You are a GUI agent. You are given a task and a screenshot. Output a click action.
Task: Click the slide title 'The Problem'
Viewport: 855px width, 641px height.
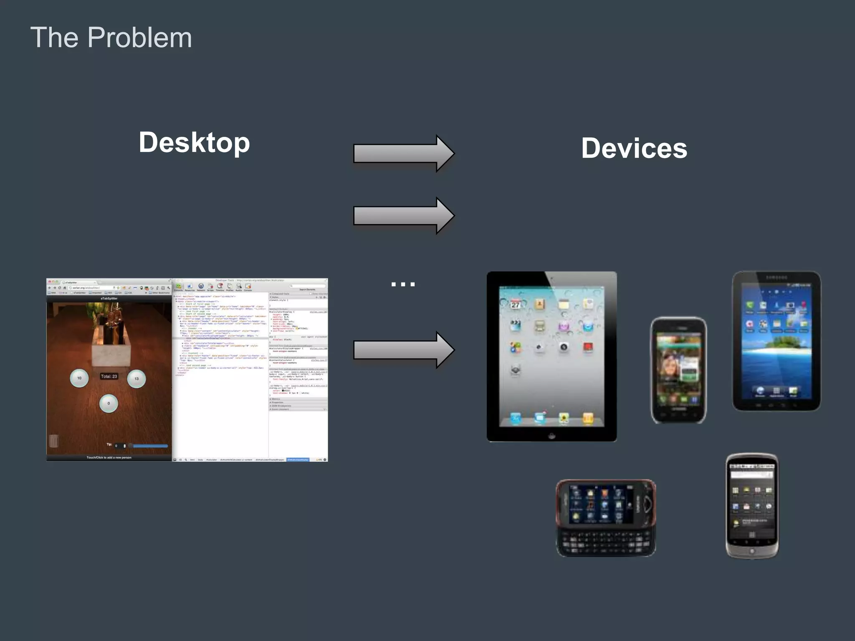[x=111, y=38]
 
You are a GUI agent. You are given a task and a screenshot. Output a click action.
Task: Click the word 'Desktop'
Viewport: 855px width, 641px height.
[x=194, y=142]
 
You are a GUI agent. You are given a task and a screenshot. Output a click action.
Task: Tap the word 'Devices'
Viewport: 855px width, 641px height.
[x=634, y=148]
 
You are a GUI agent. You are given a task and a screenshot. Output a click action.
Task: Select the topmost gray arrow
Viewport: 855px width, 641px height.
[x=403, y=153]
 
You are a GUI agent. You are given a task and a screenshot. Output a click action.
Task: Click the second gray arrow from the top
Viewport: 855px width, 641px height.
[x=403, y=216]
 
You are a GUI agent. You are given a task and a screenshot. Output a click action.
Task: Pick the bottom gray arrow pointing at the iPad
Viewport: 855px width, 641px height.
[x=403, y=350]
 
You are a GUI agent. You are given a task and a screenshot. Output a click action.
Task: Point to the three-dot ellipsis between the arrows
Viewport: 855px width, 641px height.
[x=403, y=284]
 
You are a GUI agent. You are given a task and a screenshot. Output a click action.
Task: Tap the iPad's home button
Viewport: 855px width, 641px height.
[x=551, y=436]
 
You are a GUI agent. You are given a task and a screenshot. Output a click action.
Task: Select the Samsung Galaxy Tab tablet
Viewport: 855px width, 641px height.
[x=776, y=341]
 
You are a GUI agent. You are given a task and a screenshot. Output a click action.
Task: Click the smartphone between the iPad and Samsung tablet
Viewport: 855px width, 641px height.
[x=678, y=371]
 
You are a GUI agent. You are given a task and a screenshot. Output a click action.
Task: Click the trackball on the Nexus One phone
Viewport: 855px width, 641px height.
[x=752, y=551]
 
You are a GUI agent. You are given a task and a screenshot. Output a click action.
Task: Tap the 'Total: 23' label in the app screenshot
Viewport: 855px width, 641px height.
[x=109, y=376]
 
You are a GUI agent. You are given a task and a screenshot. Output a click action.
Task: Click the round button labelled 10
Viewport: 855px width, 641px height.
[x=79, y=378]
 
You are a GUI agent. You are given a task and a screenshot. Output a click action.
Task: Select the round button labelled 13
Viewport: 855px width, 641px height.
[x=137, y=379]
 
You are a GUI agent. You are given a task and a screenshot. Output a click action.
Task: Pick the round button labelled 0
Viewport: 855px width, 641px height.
[x=109, y=403]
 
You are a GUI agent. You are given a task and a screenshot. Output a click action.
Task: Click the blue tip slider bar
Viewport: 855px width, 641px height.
[x=150, y=446]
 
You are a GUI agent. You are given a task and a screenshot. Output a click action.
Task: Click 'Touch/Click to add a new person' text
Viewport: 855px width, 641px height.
[x=109, y=457]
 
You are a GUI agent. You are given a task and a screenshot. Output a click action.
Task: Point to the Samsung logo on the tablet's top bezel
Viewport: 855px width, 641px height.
[x=777, y=277]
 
